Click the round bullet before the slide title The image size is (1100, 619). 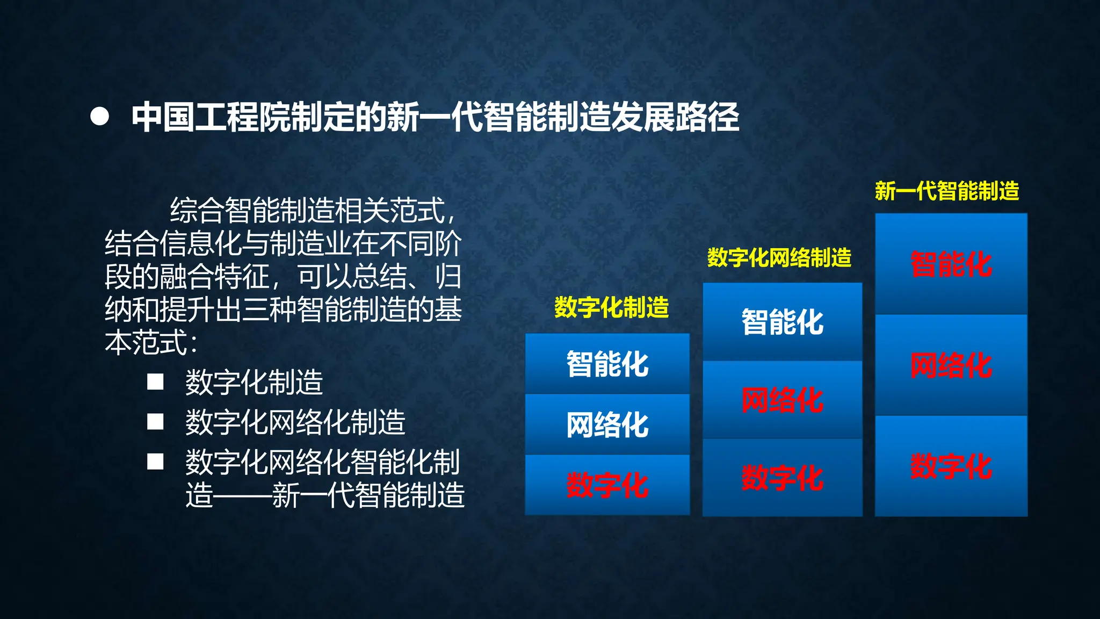[100, 117]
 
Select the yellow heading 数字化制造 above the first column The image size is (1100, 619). [611, 308]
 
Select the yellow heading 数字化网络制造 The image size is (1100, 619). [779, 258]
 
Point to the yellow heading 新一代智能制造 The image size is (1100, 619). [947, 191]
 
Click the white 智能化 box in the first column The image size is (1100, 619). [607, 364]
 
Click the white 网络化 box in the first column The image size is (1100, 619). [607, 424]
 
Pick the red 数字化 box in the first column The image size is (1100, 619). [607, 485]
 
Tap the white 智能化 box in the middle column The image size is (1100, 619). [783, 322]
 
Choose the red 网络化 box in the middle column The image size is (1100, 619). [783, 400]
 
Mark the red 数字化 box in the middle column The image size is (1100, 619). [783, 478]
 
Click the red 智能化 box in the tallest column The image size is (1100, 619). [951, 264]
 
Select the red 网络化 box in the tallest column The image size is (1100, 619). [951, 365]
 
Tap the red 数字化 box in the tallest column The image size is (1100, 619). [951, 466]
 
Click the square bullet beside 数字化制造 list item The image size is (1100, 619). [155, 382]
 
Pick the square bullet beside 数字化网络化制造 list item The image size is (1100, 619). [155, 422]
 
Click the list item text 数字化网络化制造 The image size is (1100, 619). [295, 422]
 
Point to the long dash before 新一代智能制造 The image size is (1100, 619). [242, 495]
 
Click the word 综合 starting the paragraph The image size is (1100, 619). [197, 210]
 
